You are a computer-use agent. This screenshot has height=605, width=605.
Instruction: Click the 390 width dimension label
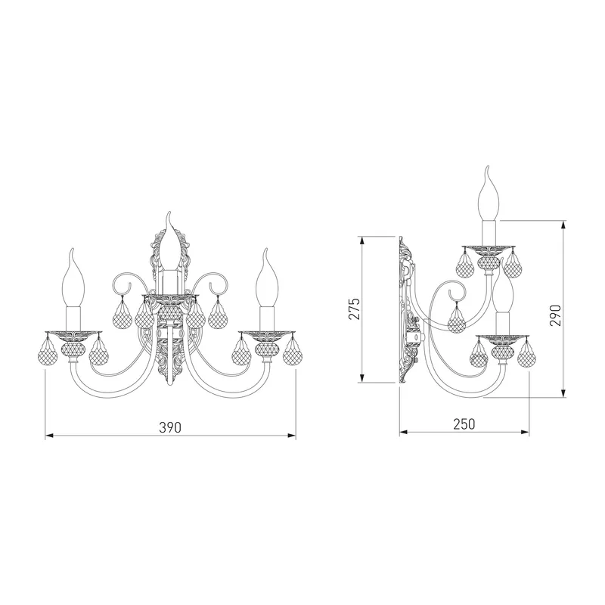(x=170, y=427)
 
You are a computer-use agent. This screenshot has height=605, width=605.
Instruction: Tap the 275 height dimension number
(x=354, y=309)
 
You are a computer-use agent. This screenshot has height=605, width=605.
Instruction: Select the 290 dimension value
(x=555, y=315)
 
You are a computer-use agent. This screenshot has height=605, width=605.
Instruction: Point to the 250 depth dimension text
(x=464, y=424)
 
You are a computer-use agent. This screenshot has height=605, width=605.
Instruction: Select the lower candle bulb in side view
(x=503, y=293)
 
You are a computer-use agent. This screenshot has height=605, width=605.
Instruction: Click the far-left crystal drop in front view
(x=48, y=354)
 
